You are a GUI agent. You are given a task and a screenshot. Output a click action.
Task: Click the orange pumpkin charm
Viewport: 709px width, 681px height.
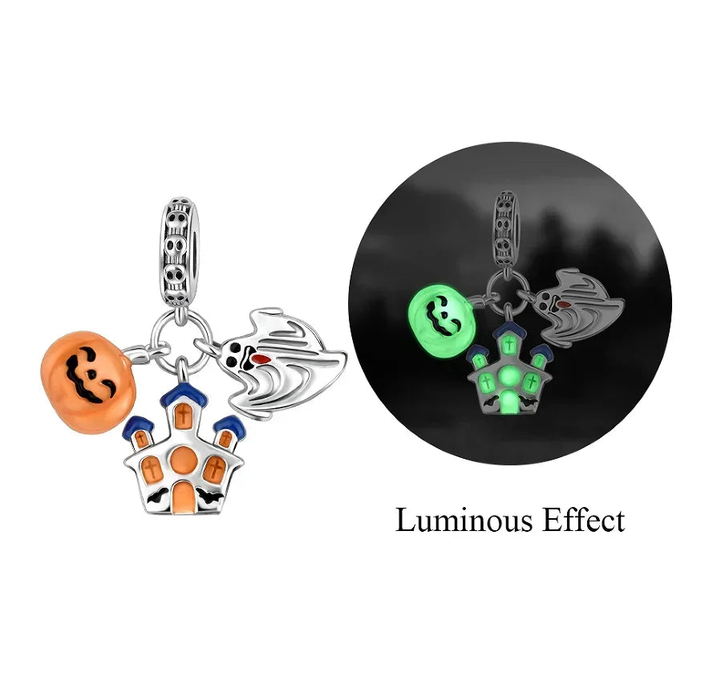[88, 383]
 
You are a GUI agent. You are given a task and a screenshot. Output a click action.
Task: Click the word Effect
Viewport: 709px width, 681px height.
[584, 520]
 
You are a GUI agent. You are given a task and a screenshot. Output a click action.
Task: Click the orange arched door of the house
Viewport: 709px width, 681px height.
[183, 497]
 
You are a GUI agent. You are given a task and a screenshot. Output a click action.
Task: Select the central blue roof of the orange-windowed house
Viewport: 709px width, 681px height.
[182, 395]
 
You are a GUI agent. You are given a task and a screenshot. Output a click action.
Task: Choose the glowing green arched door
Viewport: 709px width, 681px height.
[509, 402]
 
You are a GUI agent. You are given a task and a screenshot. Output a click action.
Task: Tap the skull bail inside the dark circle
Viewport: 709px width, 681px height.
[506, 229]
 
